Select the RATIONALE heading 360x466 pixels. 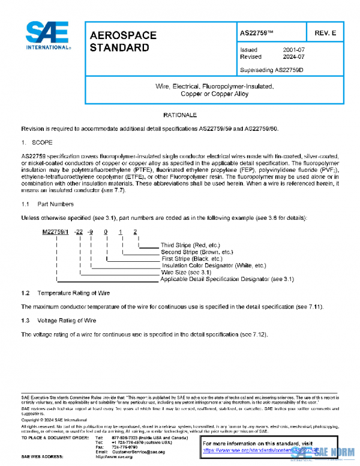180,114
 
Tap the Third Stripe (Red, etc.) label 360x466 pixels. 191,245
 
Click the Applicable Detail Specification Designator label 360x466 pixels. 218,279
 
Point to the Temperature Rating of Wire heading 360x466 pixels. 73,293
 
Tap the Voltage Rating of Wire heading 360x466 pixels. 67,321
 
